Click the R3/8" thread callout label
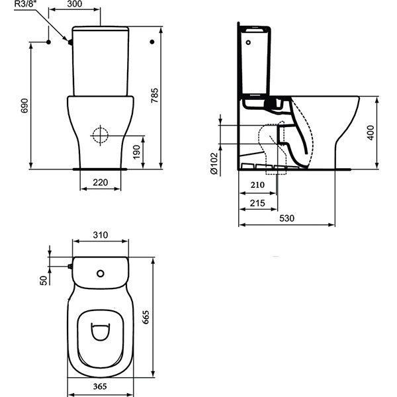tap(26, 4)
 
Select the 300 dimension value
tap(75, 4)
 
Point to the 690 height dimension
tap(24, 106)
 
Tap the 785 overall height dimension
tap(155, 95)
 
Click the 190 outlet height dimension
tap(136, 152)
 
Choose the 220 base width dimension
tap(101, 183)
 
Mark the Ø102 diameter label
tap(214, 163)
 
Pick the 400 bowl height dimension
tap(371, 133)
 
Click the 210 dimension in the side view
tap(257, 185)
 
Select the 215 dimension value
tap(257, 203)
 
